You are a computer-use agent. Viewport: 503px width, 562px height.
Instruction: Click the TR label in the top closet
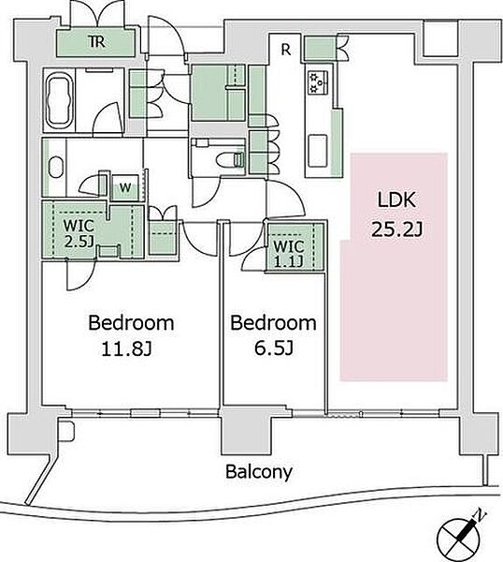(96, 42)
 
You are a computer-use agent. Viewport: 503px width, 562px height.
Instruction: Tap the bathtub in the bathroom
(58, 99)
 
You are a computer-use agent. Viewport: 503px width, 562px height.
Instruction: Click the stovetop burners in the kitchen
(319, 82)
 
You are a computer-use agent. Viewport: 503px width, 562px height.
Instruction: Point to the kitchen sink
(318, 151)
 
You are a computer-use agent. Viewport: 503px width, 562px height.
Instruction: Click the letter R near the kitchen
(285, 50)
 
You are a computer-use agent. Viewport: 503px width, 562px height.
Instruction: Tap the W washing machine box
(125, 187)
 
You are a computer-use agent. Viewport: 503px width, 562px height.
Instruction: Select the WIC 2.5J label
(79, 233)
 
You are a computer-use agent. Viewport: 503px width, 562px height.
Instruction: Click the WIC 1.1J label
(289, 254)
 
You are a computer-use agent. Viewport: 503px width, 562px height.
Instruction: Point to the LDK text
(396, 200)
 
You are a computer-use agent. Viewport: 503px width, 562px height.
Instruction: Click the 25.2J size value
(396, 229)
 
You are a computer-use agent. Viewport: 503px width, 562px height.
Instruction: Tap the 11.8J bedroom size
(127, 348)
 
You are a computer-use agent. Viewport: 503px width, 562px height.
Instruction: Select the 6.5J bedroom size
(274, 348)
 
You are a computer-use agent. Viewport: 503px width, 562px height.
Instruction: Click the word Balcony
(259, 472)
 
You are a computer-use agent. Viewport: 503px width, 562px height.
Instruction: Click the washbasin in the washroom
(55, 167)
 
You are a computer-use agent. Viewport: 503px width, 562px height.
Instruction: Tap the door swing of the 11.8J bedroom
(81, 275)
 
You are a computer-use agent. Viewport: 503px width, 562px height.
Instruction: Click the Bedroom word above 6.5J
(273, 322)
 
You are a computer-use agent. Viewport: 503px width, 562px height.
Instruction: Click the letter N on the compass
(481, 515)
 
